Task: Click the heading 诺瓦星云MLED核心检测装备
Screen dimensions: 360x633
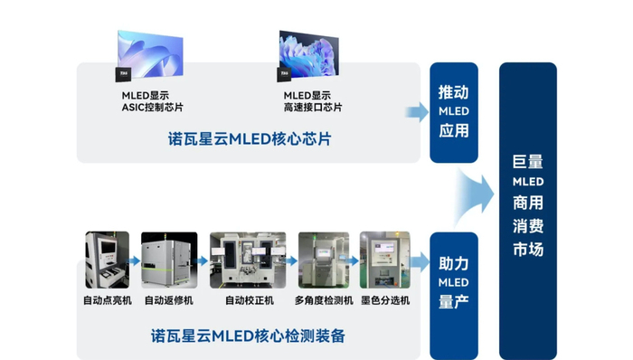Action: (237, 336)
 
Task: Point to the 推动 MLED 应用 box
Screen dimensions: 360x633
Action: (453, 113)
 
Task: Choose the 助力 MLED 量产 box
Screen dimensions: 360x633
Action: (453, 283)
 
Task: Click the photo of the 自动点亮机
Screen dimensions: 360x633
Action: (108, 261)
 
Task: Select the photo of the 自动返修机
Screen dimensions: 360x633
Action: (165, 261)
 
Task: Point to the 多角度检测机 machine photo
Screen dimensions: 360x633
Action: (324, 261)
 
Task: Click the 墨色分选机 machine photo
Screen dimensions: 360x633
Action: (385, 261)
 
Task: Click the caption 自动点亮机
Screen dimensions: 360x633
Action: (107, 299)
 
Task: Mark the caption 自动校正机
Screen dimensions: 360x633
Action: (247, 299)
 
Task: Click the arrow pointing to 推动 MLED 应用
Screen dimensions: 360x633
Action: (417, 112)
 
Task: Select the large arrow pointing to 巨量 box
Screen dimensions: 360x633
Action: (477, 191)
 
